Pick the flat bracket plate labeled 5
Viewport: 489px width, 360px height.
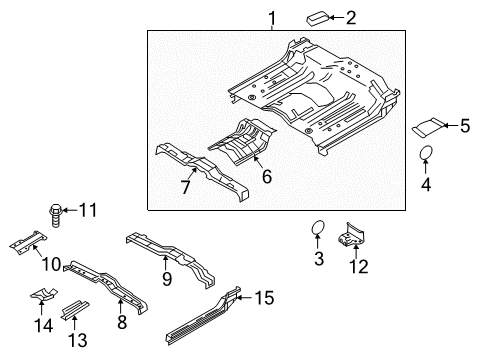click(x=431, y=127)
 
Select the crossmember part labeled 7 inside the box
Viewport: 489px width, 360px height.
click(x=205, y=170)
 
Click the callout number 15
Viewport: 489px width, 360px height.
click(x=263, y=298)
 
